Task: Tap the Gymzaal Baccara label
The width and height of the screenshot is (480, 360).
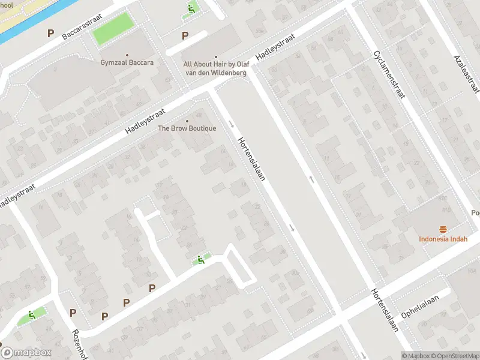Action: [x=127, y=62]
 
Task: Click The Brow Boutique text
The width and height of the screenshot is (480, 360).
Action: [x=187, y=128]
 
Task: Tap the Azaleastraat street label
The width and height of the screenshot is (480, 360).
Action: [x=467, y=73]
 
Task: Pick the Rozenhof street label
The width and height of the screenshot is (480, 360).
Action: [x=77, y=343]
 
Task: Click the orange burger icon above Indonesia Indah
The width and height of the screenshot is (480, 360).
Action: [x=443, y=229]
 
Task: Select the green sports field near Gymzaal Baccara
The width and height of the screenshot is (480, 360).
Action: [x=112, y=28]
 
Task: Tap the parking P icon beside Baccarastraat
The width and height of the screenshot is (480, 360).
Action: [x=50, y=34]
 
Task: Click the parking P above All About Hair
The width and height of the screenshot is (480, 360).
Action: [x=185, y=36]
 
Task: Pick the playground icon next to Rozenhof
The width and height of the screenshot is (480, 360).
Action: [x=31, y=315]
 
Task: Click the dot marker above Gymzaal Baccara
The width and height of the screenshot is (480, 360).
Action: [x=127, y=53]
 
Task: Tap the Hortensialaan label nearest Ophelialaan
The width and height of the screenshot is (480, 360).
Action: [x=385, y=309]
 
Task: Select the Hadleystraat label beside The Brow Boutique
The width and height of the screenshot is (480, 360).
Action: [x=145, y=120]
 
